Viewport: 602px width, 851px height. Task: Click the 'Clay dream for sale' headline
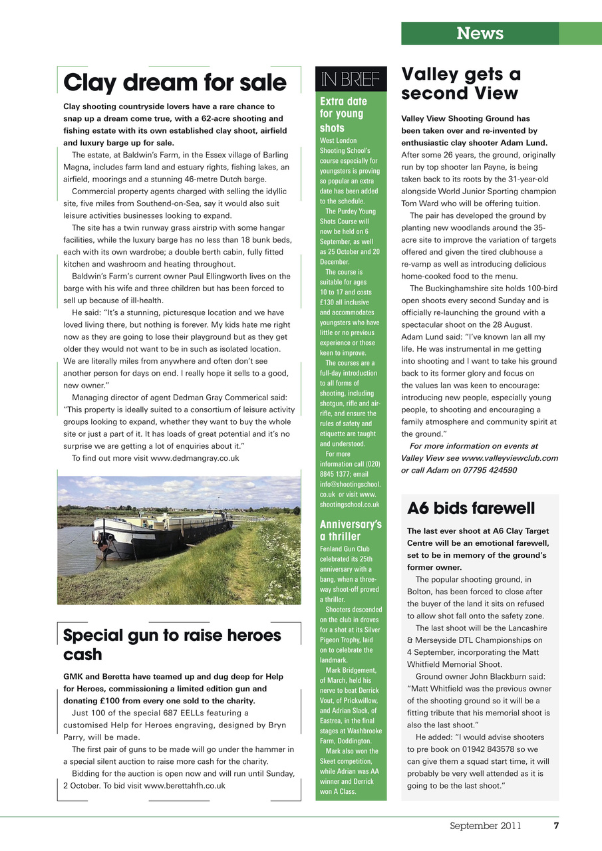pos(174,83)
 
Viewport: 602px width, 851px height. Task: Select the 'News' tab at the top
pos(480,33)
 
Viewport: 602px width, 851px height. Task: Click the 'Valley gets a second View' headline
pos(461,83)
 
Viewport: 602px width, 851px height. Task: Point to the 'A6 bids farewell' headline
pos(471,509)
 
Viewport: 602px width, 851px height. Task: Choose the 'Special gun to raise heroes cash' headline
pos(172,644)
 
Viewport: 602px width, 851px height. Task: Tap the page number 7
pos(555,826)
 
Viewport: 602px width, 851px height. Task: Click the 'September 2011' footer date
pos(485,826)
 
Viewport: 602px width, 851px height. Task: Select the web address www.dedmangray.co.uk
pos(195,458)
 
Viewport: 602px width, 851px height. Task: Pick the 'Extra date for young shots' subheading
pos(343,114)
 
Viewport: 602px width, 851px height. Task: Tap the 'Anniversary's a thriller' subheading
pos(351,530)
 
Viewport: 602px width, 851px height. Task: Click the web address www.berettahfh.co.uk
pos(184,785)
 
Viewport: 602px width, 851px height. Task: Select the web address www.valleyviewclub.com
pos(510,458)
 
